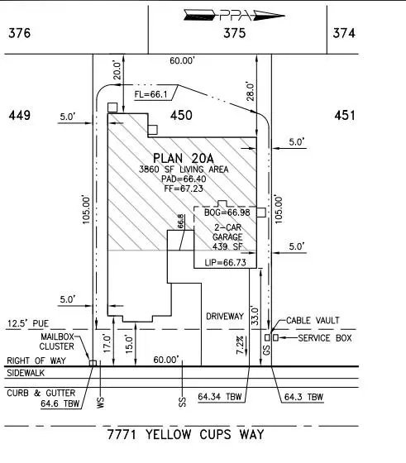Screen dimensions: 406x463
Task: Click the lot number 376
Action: coord(20,33)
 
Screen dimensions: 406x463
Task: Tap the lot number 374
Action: coord(344,33)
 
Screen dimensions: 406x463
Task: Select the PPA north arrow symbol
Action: coord(234,16)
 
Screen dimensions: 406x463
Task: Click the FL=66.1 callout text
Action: coord(150,94)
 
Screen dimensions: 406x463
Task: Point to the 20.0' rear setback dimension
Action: coord(117,70)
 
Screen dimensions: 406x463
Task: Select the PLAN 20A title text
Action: coord(184,159)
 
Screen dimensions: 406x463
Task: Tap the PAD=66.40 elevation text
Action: coord(184,179)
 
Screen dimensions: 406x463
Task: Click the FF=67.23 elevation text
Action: coord(184,189)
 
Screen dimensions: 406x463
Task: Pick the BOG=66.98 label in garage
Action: coord(227,212)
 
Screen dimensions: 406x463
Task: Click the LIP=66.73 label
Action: coord(225,263)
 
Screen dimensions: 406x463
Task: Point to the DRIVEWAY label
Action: coord(225,316)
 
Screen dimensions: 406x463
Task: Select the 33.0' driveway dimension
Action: coord(255,316)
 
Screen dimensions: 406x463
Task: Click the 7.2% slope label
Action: coord(240,345)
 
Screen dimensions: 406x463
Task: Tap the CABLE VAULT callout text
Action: coord(313,321)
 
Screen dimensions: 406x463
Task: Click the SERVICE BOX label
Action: coord(325,338)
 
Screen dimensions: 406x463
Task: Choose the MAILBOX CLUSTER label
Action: coord(57,341)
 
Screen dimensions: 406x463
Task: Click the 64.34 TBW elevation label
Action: coord(220,397)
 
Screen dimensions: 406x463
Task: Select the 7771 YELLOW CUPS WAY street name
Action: coord(185,435)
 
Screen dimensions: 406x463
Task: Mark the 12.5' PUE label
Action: coord(28,323)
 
